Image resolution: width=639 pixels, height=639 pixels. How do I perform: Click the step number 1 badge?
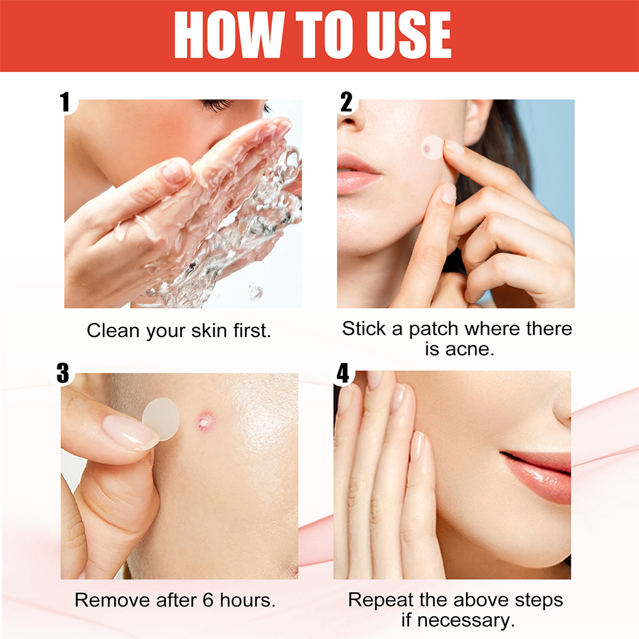(x=64, y=102)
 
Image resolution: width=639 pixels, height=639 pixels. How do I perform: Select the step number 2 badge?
(x=347, y=102)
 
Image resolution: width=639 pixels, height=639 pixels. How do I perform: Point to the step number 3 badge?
(x=63, y=373)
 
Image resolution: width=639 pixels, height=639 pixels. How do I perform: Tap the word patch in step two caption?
(x=433, y=329)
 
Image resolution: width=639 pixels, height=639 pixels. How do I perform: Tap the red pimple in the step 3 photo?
(x=206, y=420)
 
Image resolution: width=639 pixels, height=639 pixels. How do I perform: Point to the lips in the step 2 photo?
(x=359, y=173)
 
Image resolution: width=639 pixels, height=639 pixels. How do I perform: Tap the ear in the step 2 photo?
(x=477, y=121)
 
